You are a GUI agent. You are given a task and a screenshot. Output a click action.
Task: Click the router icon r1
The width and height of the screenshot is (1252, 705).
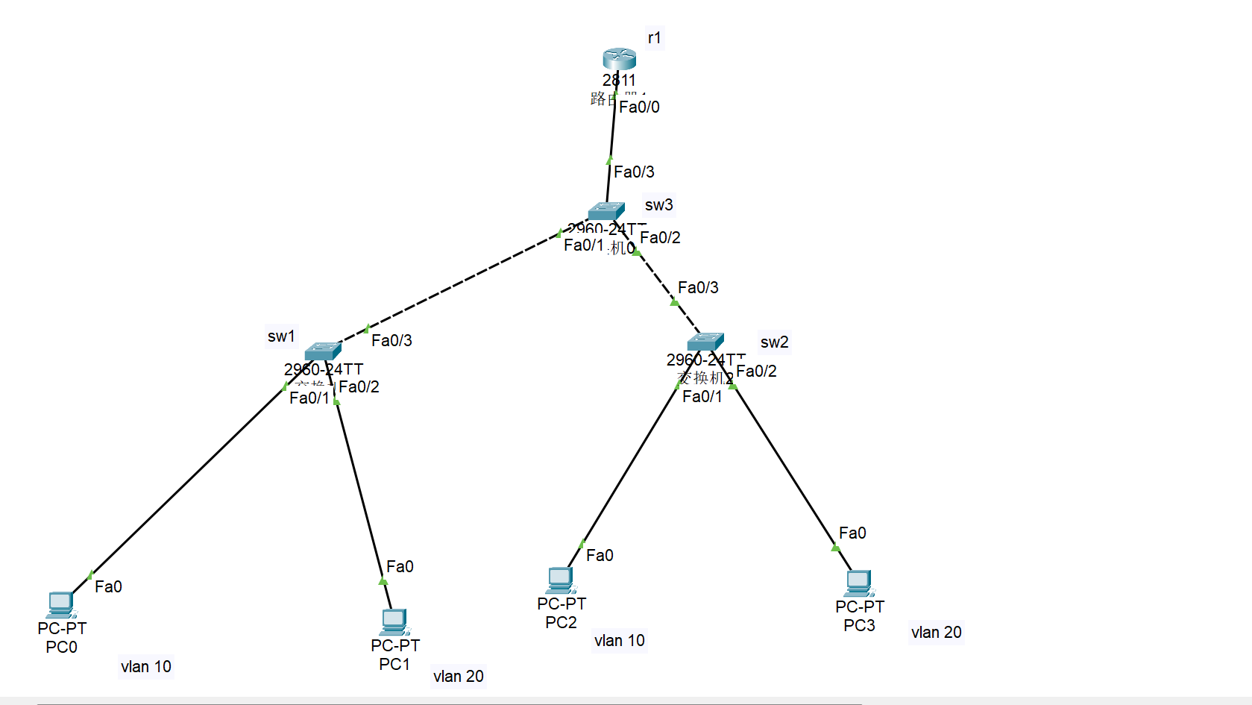(619, 58)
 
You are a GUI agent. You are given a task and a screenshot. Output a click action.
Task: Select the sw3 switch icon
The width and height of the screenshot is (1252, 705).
(605, 211)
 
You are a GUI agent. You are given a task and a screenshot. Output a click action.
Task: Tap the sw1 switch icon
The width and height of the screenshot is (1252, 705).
(323, 351)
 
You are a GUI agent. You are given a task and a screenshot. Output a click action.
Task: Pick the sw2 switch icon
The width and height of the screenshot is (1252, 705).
(705, 342)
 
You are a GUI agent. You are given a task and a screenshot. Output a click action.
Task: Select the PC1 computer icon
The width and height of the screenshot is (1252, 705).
(394, 621)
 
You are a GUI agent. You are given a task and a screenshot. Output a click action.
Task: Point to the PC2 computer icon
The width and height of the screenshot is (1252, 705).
(560, 580)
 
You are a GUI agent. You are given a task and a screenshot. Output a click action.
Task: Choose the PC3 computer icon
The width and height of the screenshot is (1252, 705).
(858, 583)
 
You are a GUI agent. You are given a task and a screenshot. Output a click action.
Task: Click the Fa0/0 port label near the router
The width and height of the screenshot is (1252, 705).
(639, 107)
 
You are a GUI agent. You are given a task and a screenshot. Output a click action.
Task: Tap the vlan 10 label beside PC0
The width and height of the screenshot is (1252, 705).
(146, 666)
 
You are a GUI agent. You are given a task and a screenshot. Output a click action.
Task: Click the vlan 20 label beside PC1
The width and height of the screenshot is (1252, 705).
(459, 676)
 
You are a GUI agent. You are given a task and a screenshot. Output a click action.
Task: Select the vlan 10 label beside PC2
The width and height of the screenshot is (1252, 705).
(620, 640)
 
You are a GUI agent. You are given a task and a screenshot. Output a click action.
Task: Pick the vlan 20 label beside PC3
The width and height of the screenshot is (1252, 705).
(937, 632)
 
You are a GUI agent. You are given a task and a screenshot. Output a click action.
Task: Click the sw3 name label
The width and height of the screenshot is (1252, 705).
(659, 204)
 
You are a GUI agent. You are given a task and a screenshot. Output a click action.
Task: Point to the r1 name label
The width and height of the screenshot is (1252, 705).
(654, 37)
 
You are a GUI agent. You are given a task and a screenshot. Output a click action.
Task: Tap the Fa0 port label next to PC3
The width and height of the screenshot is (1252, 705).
(852, 533)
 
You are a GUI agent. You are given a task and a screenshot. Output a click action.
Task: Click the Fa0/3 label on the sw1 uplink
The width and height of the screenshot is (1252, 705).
(391, 340)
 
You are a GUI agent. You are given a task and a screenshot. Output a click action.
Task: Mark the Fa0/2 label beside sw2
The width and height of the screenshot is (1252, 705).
(756, 371)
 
